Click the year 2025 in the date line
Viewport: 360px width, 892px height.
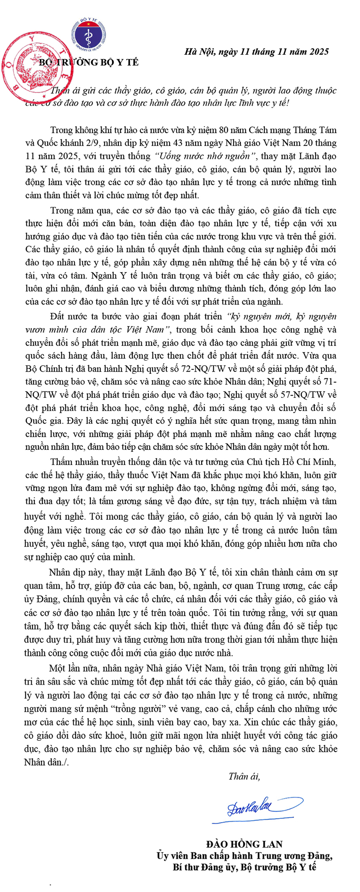pyautogui.click(x=318, y=52)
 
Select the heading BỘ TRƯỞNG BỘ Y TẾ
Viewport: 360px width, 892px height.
pyautogui.click(x=88, y=62)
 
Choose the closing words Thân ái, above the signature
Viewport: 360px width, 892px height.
pyautogui.click(x=244, y=776)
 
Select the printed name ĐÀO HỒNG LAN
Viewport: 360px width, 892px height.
pyautogui.click(x=244, y=844)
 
